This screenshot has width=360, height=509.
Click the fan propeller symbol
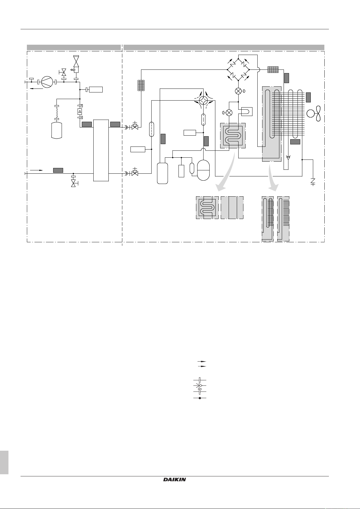point(314,114)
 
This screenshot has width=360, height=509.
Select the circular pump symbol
point(47,82)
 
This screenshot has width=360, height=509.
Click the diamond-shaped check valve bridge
point(238,69)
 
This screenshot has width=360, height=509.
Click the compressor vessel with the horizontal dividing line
point(203,170)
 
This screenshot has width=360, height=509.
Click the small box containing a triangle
point(80,111)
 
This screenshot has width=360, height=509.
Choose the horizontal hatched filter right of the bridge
point(273,70)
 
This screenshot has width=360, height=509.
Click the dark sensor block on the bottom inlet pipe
point(58,170)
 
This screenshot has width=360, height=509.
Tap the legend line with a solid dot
point(200,398)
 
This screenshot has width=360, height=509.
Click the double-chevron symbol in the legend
point(199,385)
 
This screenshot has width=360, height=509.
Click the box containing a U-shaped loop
point(245,112)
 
